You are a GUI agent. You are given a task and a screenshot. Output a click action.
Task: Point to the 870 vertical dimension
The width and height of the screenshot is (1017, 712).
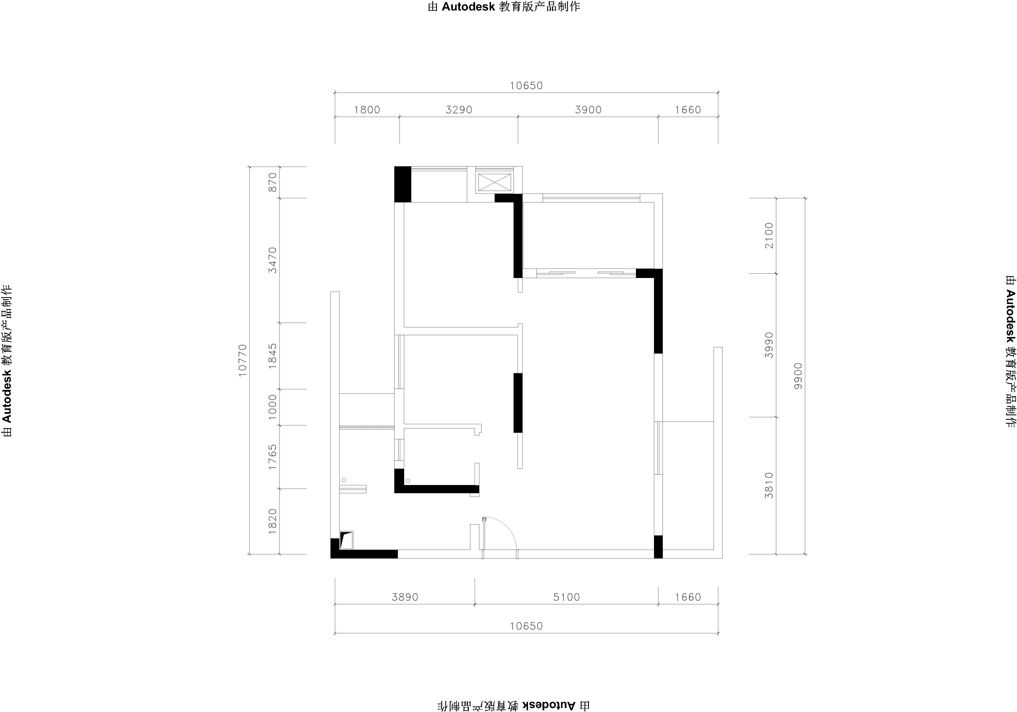tap(273, 182)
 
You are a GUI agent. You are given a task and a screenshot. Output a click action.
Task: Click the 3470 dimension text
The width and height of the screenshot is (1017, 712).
tap(273, 260)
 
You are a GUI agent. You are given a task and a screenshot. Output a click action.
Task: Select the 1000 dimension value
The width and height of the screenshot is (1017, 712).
tap(273, 407)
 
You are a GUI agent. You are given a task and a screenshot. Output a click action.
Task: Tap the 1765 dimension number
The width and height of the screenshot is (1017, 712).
tap(273, 457)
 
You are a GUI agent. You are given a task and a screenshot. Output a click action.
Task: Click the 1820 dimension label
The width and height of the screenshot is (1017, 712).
tap(273, 521)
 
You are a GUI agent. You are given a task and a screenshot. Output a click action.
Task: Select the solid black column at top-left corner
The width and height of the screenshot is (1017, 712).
tap(403, 184)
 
